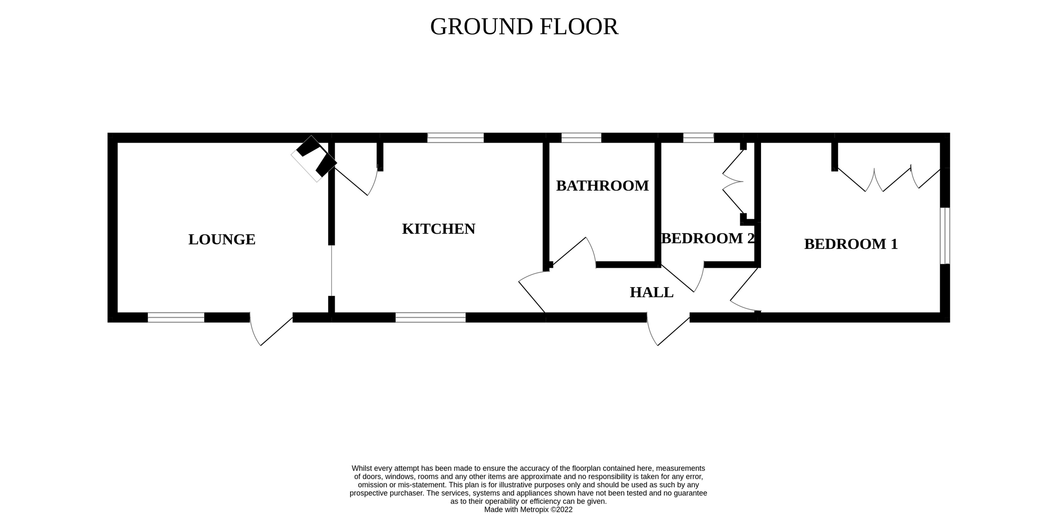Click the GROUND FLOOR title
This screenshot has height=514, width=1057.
click(524, 27)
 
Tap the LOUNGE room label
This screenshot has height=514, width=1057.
click(222, 240)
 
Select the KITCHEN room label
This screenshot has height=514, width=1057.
click(439, 229)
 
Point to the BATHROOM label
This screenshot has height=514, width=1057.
click(602, 186)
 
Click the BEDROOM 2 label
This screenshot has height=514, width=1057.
click(708, 238)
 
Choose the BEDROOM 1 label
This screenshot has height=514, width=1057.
click(851, 244)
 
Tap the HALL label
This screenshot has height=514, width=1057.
click(651, 292)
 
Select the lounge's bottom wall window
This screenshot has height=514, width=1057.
click(176, 317)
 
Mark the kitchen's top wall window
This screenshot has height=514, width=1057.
click(455, 138)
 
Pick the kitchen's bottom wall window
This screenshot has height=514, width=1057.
click(430, 317)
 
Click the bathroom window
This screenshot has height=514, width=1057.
click(581, 138)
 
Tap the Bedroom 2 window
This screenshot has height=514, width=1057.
click(698, 138)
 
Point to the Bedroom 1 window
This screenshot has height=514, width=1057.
click(945, 236)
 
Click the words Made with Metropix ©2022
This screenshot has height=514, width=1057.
click(528, 510)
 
